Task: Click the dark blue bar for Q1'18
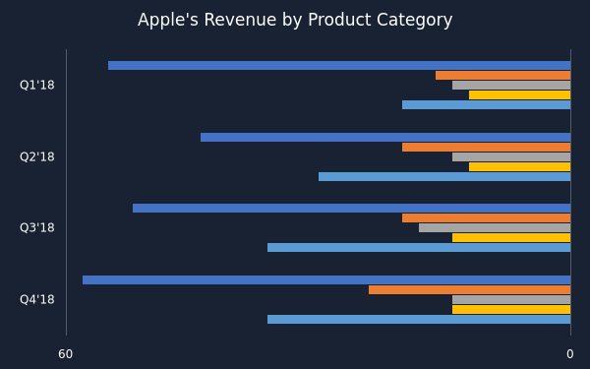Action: tap(339, 66)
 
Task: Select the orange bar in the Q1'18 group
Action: tap(503, 76)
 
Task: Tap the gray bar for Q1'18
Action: tap(511, 85)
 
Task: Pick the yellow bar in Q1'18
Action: tap(519, 94)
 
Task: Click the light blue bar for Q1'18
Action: tap(487, 104)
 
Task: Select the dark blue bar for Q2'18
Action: tap(385, 138)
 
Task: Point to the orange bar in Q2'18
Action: tap(487, 148)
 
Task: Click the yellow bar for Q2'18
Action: tap(519, 167)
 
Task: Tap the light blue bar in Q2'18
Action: tap(444, 176)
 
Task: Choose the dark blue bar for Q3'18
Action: tap(352, 209)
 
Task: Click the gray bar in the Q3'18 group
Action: tap(495, 228)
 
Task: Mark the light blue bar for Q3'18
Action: tap(419, 247)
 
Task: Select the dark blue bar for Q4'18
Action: tap(326, 280)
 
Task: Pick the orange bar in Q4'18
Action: tap(470, 290)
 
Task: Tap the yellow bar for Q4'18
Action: tap(511, 310)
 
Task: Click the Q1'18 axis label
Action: tap(37, 85)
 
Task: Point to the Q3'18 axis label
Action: tap(37, 228)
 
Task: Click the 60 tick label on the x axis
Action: tap(66, 354)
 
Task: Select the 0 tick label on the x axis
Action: tap(570, 354)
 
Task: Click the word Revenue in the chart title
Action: tap(240, 20)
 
